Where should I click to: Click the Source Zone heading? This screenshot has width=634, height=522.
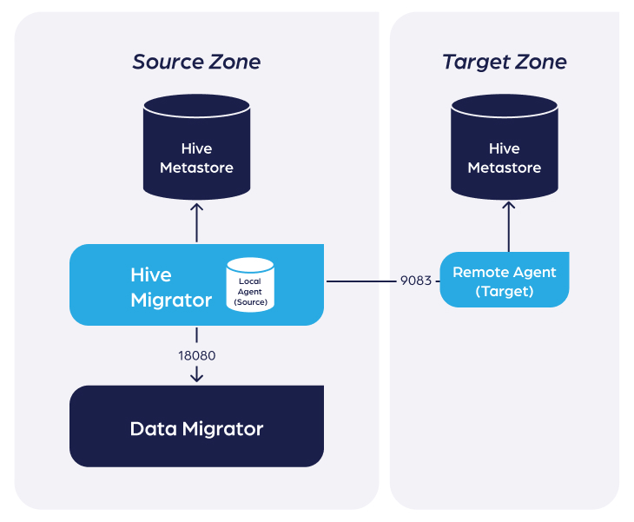196,62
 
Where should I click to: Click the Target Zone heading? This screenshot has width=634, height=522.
505,63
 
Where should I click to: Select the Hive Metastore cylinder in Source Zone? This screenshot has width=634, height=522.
196,147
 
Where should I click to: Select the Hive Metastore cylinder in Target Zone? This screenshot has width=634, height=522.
505,147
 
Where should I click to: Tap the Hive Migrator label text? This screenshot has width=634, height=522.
171,287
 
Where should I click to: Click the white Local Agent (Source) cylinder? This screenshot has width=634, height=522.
250,285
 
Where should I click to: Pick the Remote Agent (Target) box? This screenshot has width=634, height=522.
505,280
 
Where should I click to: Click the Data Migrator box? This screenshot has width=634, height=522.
196,426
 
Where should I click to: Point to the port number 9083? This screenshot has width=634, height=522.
416,281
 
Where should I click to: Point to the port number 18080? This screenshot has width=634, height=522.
197,355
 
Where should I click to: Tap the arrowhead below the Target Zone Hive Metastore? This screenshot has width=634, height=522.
509,206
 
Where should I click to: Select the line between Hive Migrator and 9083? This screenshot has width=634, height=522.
361,281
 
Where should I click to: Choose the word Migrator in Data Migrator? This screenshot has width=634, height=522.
223,428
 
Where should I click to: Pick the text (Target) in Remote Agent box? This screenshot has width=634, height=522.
505,291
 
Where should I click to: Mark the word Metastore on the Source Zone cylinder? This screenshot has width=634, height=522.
196,168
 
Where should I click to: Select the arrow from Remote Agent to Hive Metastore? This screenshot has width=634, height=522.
509,227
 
